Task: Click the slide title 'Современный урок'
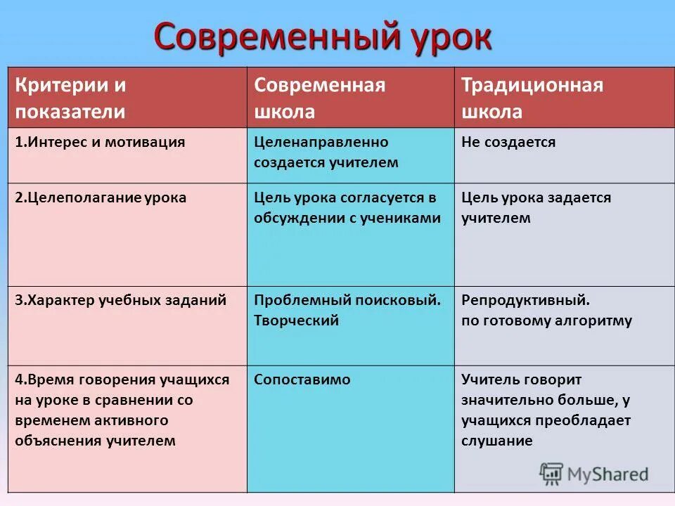click(x=323, y=37)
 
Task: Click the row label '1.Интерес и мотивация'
click(x=101, y=142)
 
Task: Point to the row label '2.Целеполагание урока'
click(x=101, y=197)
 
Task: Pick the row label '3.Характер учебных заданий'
click(x=121, y=300)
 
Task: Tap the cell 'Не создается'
click(x=508, y=142)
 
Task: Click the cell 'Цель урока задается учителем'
click(x=536, y=207)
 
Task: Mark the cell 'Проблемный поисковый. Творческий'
click(x=347, y=310)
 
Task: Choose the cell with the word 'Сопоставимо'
click(x=302, y=379)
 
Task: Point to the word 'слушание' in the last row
click(x=497, y=441)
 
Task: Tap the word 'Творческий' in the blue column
click(x=297, y=320)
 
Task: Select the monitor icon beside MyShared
click(x=552, y=474)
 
